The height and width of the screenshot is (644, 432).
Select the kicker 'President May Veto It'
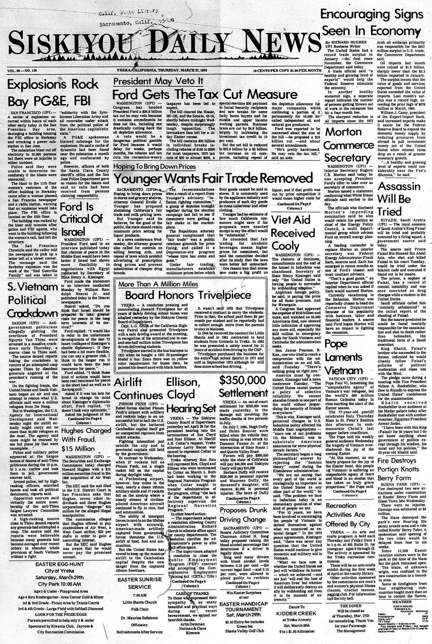pyautogui.click(x=158, y=81)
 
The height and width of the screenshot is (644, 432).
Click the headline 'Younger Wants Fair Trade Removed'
pyautogui.click(x=213, y=178)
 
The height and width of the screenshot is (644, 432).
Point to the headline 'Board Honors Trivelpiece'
pyautogui.click(x=193, y=295)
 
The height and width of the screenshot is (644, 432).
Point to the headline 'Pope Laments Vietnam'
pyautogui.click(x=343, y=357)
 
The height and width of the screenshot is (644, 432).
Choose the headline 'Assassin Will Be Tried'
pyautogui.click(x=399, y=199)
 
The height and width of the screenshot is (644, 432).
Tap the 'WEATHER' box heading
pyautogui.click(x=402, y=602)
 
